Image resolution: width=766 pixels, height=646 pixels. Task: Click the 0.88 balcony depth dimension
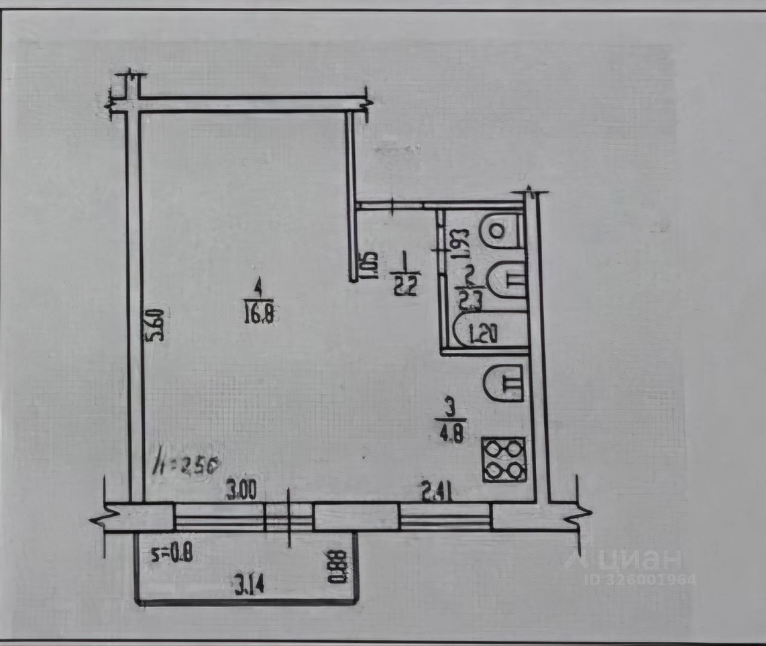(342, 566)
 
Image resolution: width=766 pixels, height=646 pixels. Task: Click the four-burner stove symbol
(504, 459)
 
